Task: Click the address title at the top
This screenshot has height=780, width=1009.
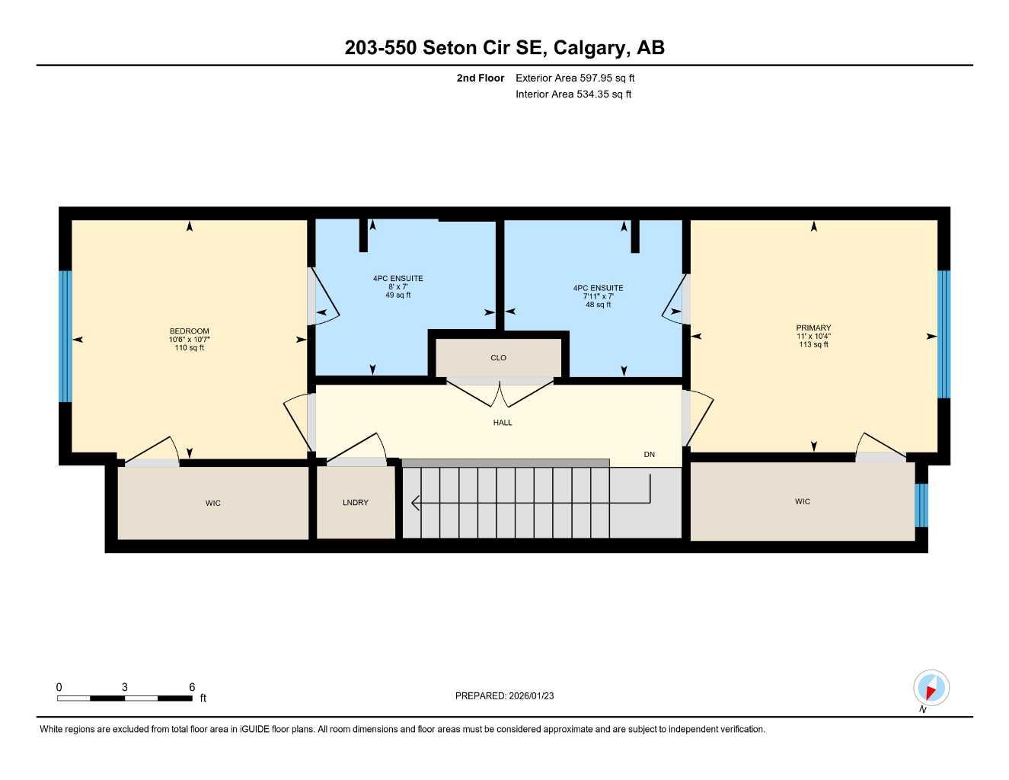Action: pyautogui.click(x=504, y=47)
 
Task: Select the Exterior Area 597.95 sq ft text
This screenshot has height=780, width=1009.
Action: pyautogui.click(x=575, y=78)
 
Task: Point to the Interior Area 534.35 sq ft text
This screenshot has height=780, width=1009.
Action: pyautogui.click(x=573, y=94)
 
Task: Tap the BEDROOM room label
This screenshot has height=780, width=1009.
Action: pyautogui.click(x=189, y=331)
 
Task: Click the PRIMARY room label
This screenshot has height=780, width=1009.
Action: pyautogui.click(x=813, y=328)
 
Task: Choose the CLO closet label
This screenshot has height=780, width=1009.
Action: pyautogui.click(x=498, y=358)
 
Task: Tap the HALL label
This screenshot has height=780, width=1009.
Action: pyautogui.click(x=502, y=423)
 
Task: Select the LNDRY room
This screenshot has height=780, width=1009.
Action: pyautogui.click(x=356, y=503)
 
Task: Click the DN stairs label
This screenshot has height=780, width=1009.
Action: pyautogui.click(x=649, y=455)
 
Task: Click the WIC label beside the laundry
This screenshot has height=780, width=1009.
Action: pyautogui.click(x=213, y=503)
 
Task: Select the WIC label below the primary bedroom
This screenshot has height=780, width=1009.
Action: pyautogui.click(x=803, y=502)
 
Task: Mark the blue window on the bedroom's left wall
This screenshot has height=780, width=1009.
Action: pyautogui.click(x=65, y=336)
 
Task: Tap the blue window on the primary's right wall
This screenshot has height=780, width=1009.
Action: pyautogui.click(x=944, y=334)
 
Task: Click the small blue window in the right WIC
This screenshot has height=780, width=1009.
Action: pyautogui.click(x=921, y=505)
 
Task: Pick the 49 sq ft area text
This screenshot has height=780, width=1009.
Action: pyautogui.click(x=398, y=296)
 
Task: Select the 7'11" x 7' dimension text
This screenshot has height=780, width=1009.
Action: pyautogui.click(x=599, y=296)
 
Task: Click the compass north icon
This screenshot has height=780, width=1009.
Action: pyautogui.click(x=931, y=688)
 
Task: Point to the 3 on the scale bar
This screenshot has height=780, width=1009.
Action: pyautogui.click(x=125, y=687)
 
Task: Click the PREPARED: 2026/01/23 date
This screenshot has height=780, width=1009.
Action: pyautogui.click(x=504, y=695)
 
